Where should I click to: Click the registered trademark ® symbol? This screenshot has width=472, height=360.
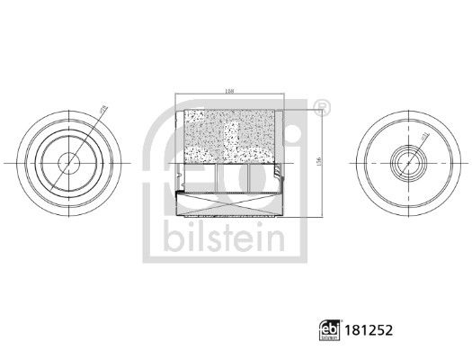(324, 107)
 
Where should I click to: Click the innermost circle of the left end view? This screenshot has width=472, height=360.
(67, 163)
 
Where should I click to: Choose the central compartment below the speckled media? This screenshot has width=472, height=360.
(232, 177)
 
